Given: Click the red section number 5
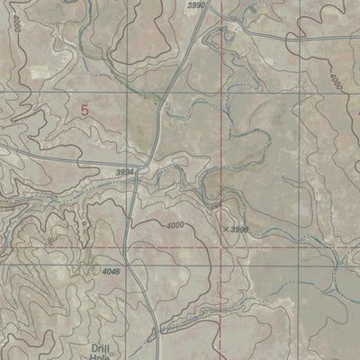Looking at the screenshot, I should coord(85,111).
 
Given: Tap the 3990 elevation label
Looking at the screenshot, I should coord(197,6).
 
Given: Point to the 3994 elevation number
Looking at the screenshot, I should coord(124,171).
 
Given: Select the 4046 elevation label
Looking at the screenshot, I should coord(111,272).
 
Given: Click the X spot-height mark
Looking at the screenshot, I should coord(224,229).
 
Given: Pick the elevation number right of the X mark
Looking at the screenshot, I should coord(238,230).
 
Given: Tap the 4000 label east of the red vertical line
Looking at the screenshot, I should coord(335,82).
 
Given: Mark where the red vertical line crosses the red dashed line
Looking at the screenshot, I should coord(220,247).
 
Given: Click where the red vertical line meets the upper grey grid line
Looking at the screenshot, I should coord(220,94).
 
